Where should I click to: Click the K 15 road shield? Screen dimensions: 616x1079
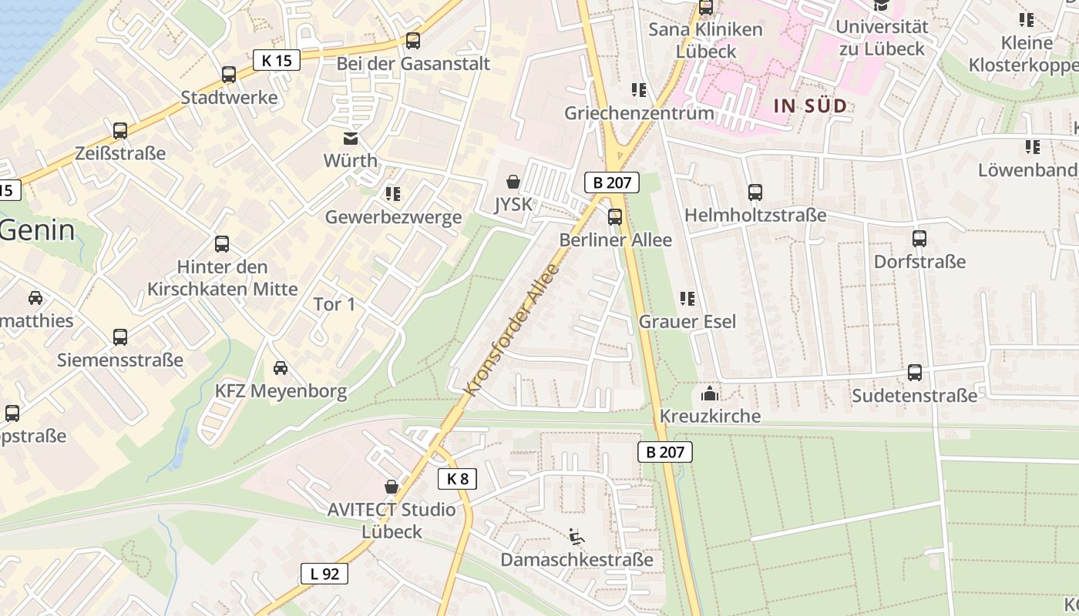[x=276, y=59]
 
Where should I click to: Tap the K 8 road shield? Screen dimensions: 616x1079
[x=457, y=479]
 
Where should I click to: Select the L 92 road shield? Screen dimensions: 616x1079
[x=324, y=574]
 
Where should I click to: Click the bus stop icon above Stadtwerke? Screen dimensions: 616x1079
[x=229, y=75]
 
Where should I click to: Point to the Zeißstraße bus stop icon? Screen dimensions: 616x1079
[x=120, y=131]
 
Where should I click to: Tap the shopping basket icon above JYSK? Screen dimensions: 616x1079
[x=513, y=182]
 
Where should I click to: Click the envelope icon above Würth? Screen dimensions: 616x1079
[x=351, y=139]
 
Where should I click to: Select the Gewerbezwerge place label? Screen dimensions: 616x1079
[x=393, y=217]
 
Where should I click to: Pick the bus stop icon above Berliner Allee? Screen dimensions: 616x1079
[x=614, y=217]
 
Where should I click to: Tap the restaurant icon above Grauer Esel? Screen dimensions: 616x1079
[x=687, y=298]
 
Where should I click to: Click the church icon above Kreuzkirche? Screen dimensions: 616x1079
[x=710, y=394]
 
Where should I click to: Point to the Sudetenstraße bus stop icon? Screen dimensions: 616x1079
[x=915, y=373]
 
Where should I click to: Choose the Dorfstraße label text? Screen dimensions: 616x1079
[x=919, y=262]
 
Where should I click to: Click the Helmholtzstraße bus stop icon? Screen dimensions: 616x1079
[x=755, y=192]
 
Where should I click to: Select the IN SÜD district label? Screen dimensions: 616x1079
[x=809, y=106]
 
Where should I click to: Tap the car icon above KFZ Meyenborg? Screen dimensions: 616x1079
[x=281, y=368]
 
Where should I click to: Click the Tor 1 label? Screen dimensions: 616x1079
[x=334, y=304]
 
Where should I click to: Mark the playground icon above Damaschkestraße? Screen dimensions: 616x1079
[x=576, y=537]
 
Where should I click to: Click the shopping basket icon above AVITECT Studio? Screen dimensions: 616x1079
[x=392, y=487]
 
